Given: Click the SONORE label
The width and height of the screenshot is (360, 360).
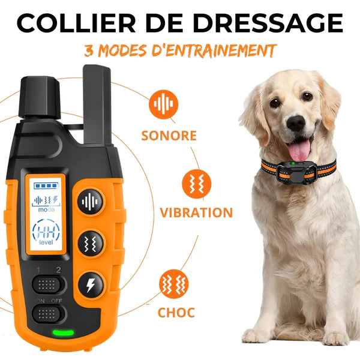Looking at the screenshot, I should coord(169,135).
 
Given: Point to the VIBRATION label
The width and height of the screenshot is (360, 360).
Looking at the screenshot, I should coord(196,212).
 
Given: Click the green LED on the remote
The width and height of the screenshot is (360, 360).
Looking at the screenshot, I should coord(62,333).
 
